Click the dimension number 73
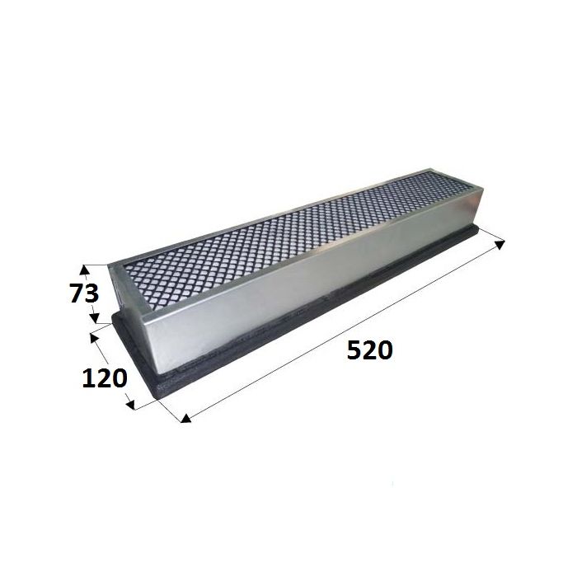84,293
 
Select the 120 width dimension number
104,378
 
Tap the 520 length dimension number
370,350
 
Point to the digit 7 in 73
77,293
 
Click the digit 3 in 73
92,293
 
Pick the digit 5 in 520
354,350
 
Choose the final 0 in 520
385,350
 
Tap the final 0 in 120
120,378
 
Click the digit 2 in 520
369,350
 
